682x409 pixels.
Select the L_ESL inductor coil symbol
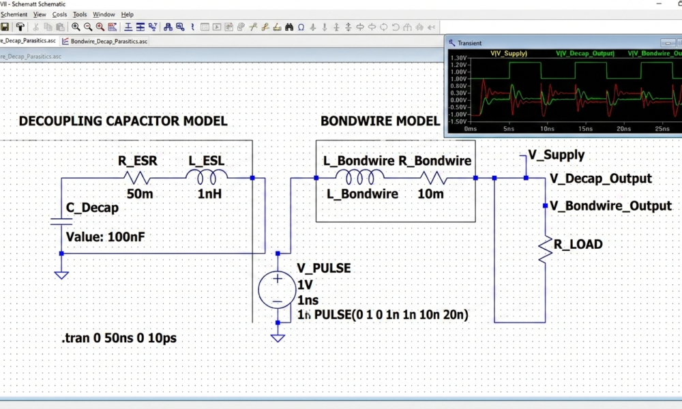207,178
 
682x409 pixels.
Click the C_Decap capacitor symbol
61,220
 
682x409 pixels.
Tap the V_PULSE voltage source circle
278,288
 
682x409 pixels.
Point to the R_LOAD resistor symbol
545,249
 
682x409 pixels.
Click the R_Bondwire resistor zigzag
432,178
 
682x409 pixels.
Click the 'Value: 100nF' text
105,237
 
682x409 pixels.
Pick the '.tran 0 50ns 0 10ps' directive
119,338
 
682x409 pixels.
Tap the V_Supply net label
556,155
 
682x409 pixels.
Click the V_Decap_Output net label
600,179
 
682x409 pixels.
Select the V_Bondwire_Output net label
610,205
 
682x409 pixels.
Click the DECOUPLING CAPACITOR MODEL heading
123,121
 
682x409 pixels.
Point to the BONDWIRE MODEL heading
380,121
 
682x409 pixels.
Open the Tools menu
80,14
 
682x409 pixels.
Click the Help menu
128,14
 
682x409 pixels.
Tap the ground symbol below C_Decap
61,275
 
